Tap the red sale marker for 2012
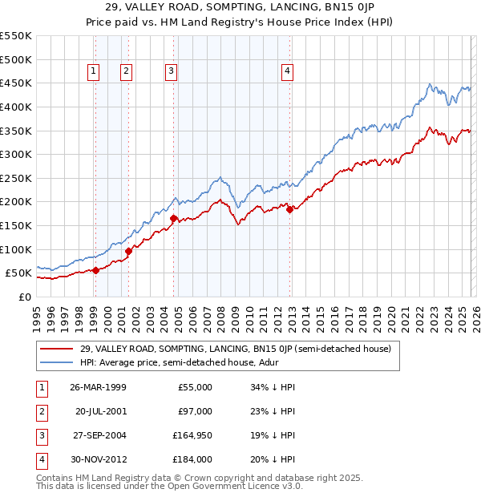(x=289, y=210)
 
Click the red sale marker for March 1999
(x=95, y=270)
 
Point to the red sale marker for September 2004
(x=173, y=217)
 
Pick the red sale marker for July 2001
(x=128, y=251)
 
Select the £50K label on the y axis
(x=18, y=273)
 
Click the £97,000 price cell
(x=195, y=411)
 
